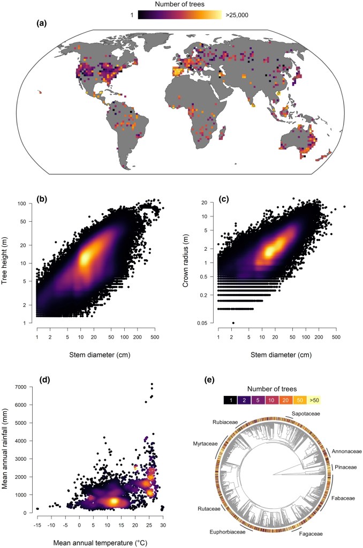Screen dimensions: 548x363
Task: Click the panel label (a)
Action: point(44,24)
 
